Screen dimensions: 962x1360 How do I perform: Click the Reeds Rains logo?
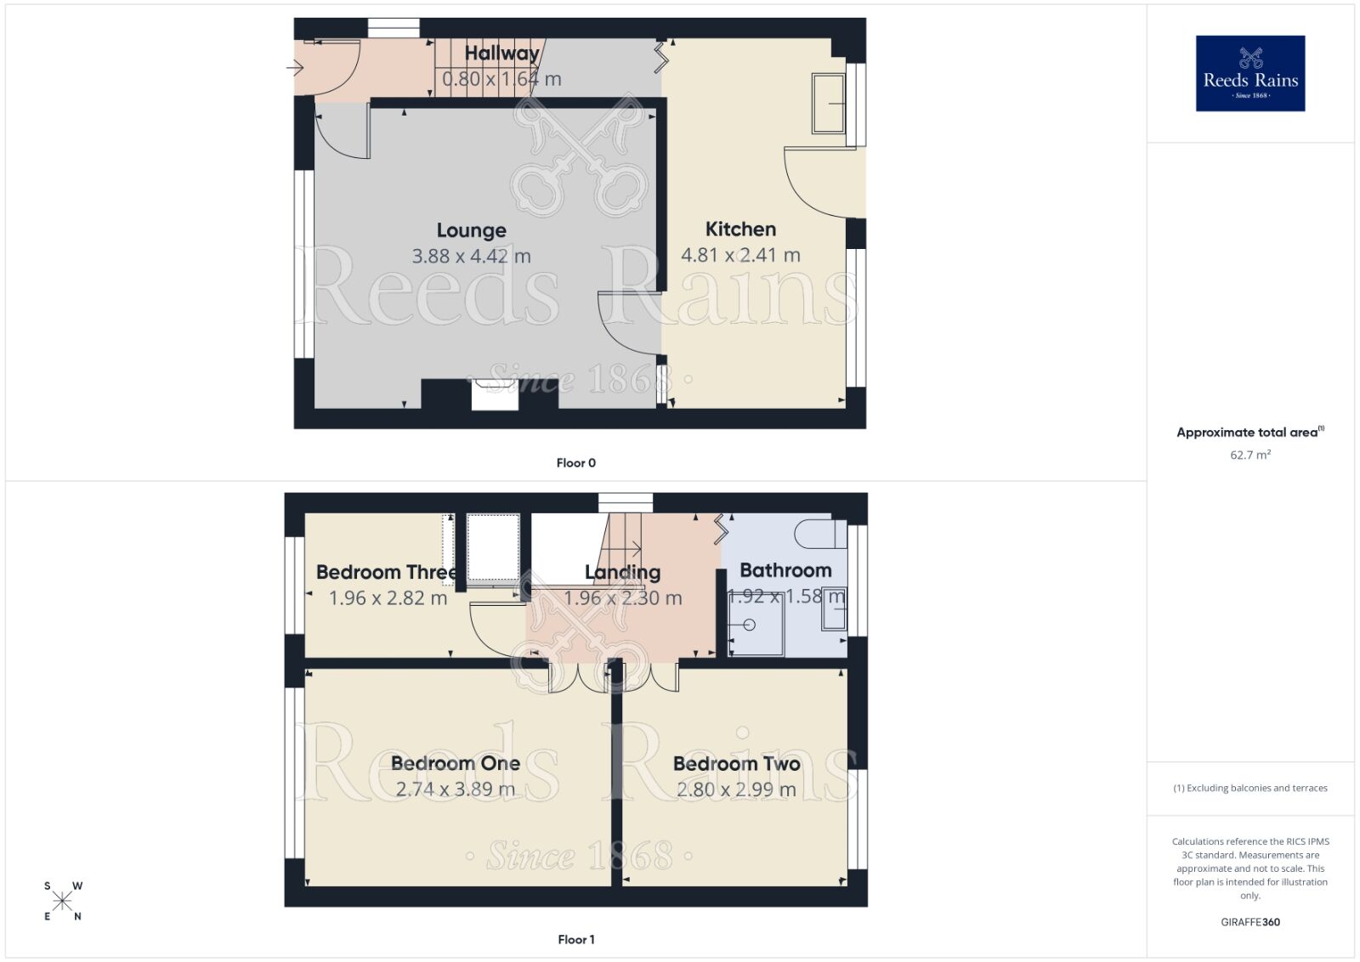1249,73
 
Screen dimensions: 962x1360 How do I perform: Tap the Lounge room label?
471,230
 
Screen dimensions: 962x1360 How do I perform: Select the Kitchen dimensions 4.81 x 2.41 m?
740,255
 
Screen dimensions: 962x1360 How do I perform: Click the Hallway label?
501,54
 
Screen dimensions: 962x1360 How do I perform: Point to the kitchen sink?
829,104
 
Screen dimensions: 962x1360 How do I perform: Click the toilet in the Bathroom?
820,534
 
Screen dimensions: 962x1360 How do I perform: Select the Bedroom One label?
456,763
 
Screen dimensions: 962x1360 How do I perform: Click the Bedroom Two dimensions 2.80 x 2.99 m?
736,789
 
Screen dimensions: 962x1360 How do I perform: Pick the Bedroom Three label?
386,572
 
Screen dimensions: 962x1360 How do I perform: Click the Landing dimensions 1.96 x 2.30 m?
623,598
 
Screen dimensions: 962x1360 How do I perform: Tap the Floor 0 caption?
575,463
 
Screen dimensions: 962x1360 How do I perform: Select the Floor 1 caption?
575,940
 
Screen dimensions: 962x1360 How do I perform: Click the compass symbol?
63,902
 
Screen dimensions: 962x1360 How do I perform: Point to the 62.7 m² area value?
1249,456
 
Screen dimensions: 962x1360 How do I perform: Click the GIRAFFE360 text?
1249,922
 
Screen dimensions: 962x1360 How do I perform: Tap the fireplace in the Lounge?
495,396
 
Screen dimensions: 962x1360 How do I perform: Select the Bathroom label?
785,570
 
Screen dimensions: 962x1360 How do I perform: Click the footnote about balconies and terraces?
1249,788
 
